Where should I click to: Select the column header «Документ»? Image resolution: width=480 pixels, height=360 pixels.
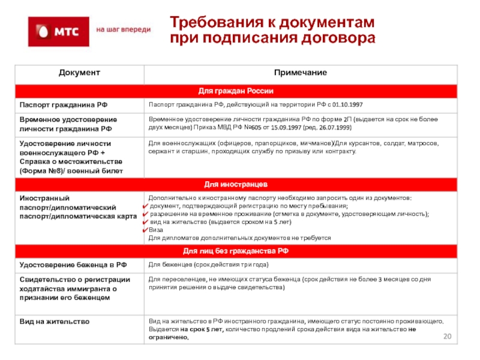click(x=79, y=73)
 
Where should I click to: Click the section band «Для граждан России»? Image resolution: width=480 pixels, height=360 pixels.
click(x=236, y=91)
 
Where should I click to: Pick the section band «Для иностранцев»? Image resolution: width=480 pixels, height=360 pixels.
click(x=236, y=183)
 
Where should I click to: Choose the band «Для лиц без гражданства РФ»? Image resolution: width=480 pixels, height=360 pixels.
click(x=236, y=250)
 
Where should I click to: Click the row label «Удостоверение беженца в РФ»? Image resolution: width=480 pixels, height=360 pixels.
click(x=73, y=265)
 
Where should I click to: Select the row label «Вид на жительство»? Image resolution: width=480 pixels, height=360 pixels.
click(x=54, y=322)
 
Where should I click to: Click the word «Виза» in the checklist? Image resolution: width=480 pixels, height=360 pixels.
click(x=155, y=229)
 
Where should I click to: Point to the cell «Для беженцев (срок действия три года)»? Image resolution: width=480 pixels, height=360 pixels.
click(x=208, y=265)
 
